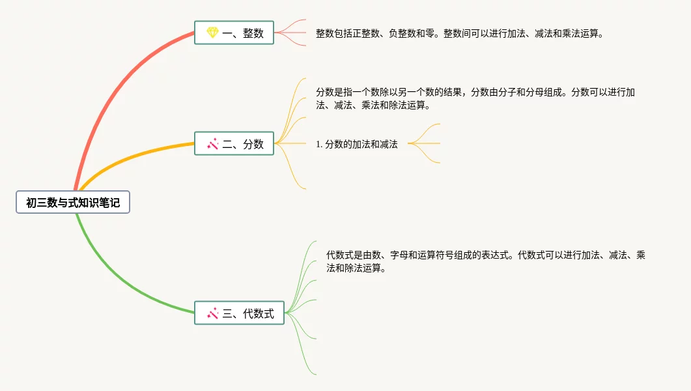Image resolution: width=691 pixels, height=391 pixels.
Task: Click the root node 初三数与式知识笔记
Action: [x=73, y=203]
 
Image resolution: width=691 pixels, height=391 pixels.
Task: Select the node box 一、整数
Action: [x=234, y=33]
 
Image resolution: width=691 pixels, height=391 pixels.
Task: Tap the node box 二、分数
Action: [x=234, y=143]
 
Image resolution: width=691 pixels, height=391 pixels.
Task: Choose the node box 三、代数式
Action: [x=239, y=313]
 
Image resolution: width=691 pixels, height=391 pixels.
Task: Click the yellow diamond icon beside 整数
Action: [x=212, y=33]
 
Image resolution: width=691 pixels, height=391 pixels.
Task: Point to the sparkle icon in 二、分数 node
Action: [x=212, y=143]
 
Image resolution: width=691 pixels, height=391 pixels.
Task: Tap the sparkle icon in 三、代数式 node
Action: [x=212, y=313]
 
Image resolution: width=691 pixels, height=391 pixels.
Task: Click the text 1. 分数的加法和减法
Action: [x=357, y=144]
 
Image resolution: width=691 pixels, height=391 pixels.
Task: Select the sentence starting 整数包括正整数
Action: [x=460, y=33]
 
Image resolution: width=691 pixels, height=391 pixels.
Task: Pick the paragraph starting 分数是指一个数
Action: [x=475, y=98]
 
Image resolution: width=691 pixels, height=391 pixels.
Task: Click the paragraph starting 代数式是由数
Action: [x=485, y=261]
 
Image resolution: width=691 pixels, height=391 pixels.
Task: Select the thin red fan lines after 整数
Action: [x=291, y=33]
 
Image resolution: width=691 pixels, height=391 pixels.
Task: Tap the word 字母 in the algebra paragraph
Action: [x=403, y=255]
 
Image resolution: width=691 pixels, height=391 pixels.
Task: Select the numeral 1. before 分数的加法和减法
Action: [x=319, y=144]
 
